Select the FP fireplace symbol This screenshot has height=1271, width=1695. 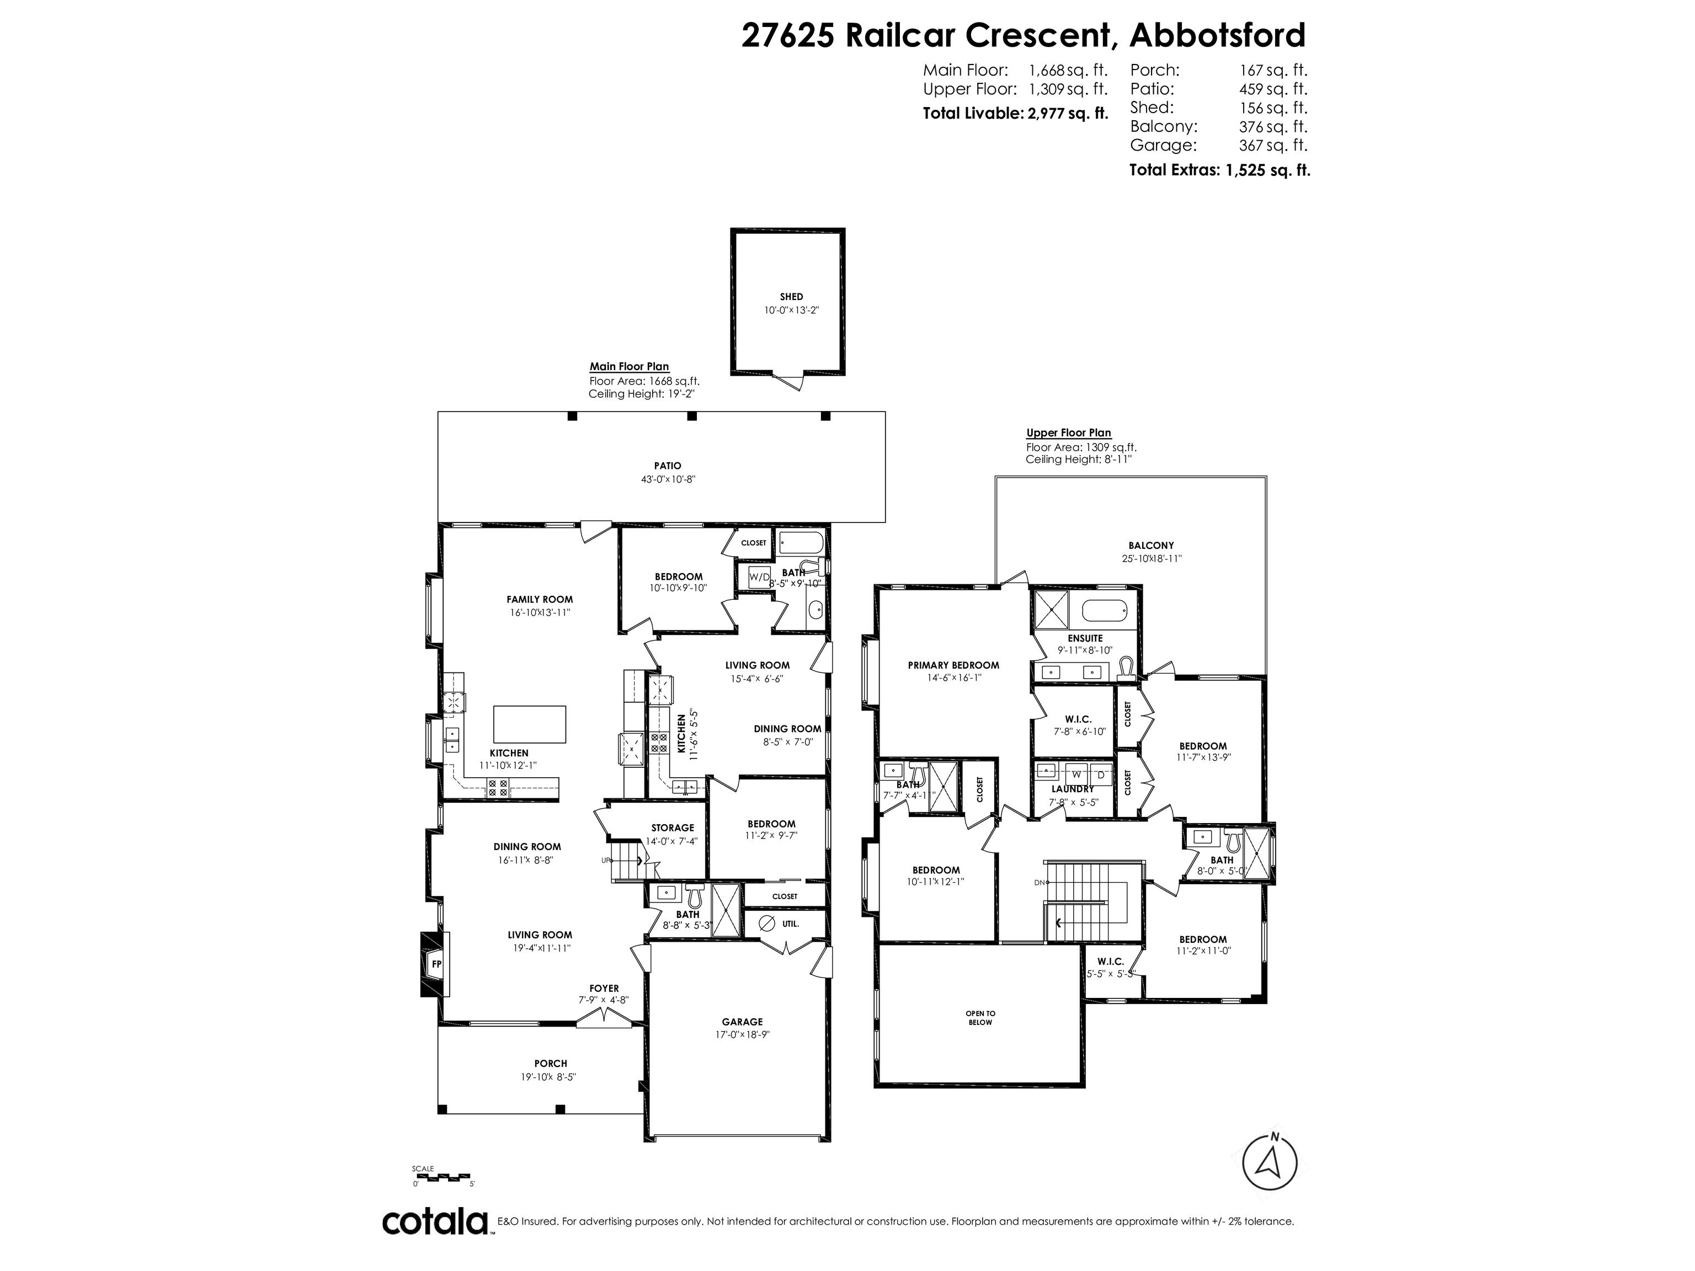436,964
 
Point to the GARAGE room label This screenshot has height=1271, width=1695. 742,1021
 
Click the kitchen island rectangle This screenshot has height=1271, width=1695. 530,724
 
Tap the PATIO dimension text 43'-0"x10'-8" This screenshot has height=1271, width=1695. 668,479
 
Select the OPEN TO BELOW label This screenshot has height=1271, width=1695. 980,1017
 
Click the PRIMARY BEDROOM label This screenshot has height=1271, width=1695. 953,665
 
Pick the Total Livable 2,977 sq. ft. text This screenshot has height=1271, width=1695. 1015,114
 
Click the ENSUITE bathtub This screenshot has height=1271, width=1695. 1104,611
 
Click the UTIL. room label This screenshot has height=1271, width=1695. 791,924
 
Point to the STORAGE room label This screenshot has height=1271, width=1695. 672,827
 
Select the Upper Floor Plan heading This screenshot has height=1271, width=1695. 1068,433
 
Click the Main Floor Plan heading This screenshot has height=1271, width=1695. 629,366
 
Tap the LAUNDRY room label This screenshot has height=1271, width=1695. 1073,789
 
